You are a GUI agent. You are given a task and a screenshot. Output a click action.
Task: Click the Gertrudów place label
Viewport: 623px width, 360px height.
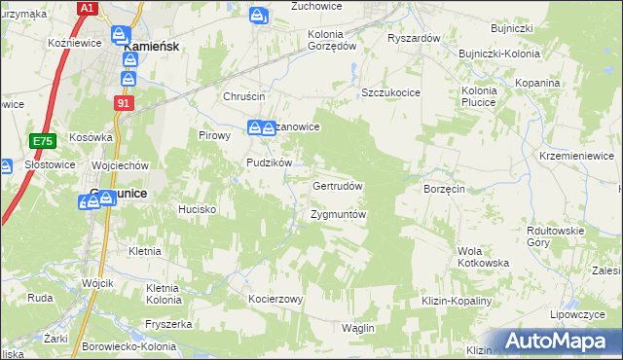coord(338,186)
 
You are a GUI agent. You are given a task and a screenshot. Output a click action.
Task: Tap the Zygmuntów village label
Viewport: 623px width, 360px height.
coord(338,214)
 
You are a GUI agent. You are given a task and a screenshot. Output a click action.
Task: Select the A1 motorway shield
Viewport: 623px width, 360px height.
coord(87,8)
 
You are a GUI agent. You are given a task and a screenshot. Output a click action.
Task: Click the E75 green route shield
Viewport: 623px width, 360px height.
coord(41,141)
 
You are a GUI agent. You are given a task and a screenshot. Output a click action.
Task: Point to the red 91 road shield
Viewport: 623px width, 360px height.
coord(123,101)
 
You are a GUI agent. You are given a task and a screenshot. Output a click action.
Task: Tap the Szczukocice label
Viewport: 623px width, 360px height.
coord(390,91)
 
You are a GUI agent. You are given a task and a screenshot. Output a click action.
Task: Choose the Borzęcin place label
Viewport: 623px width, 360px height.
coord(444,188)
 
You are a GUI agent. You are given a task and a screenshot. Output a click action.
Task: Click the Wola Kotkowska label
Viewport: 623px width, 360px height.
coord(484,257)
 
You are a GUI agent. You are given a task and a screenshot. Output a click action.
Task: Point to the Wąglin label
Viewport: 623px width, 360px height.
coord(358,328)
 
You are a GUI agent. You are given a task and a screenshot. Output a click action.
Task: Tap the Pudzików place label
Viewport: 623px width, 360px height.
coord(270,162)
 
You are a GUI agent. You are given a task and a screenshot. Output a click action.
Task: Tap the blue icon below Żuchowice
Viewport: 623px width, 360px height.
coord(258,17)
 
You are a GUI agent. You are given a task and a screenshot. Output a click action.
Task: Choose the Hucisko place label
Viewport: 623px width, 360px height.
coord(196,209)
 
